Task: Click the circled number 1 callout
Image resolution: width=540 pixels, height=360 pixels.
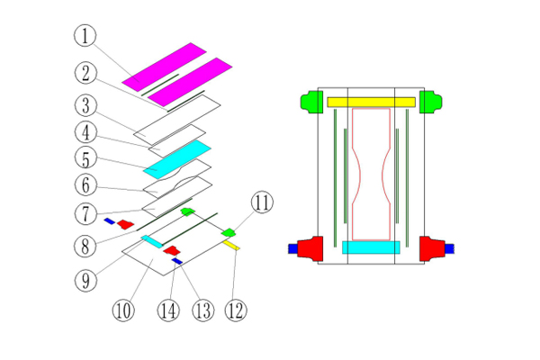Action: click(x=85, y=37)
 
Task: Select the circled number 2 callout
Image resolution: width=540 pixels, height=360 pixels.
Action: click(x=85, y=71)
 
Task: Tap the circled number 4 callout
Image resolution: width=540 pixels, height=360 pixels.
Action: click(x=85, y=132)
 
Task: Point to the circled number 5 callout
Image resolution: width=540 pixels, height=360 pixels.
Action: click(x=85, y=160)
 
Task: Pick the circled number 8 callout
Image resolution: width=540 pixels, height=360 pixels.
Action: click(x=85, y=245)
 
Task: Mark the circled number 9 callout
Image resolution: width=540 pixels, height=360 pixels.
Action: click(x=85, y=280)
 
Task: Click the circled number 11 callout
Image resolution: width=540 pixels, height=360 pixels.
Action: click(x=260, y=203)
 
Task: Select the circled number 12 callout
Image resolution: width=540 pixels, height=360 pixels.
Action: click(x=237, y=310)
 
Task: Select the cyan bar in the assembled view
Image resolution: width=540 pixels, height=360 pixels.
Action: click(x=371, y=247)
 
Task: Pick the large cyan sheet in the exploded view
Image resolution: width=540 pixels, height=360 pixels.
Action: click(x=176, y=158)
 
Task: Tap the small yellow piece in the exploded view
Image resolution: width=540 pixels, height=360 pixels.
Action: click(x=231, y=244)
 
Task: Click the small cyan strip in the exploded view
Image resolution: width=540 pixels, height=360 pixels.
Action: click(x=149, y=240)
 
